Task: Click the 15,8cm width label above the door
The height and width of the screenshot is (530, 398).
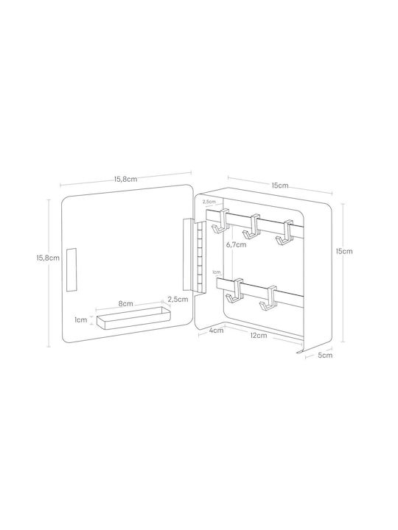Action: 125,179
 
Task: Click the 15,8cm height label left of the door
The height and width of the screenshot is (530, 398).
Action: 48,258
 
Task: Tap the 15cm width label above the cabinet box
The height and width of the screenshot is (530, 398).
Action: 280,185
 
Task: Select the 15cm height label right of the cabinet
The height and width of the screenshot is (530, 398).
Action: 344,251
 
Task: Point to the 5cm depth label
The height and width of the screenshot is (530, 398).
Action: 325,356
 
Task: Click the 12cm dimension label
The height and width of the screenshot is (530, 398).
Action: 259,336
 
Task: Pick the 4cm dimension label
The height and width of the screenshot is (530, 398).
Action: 216,331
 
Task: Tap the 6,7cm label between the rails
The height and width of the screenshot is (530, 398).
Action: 237,244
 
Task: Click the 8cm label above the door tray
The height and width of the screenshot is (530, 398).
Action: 125,303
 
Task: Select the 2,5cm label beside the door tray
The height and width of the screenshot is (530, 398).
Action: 178,299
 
